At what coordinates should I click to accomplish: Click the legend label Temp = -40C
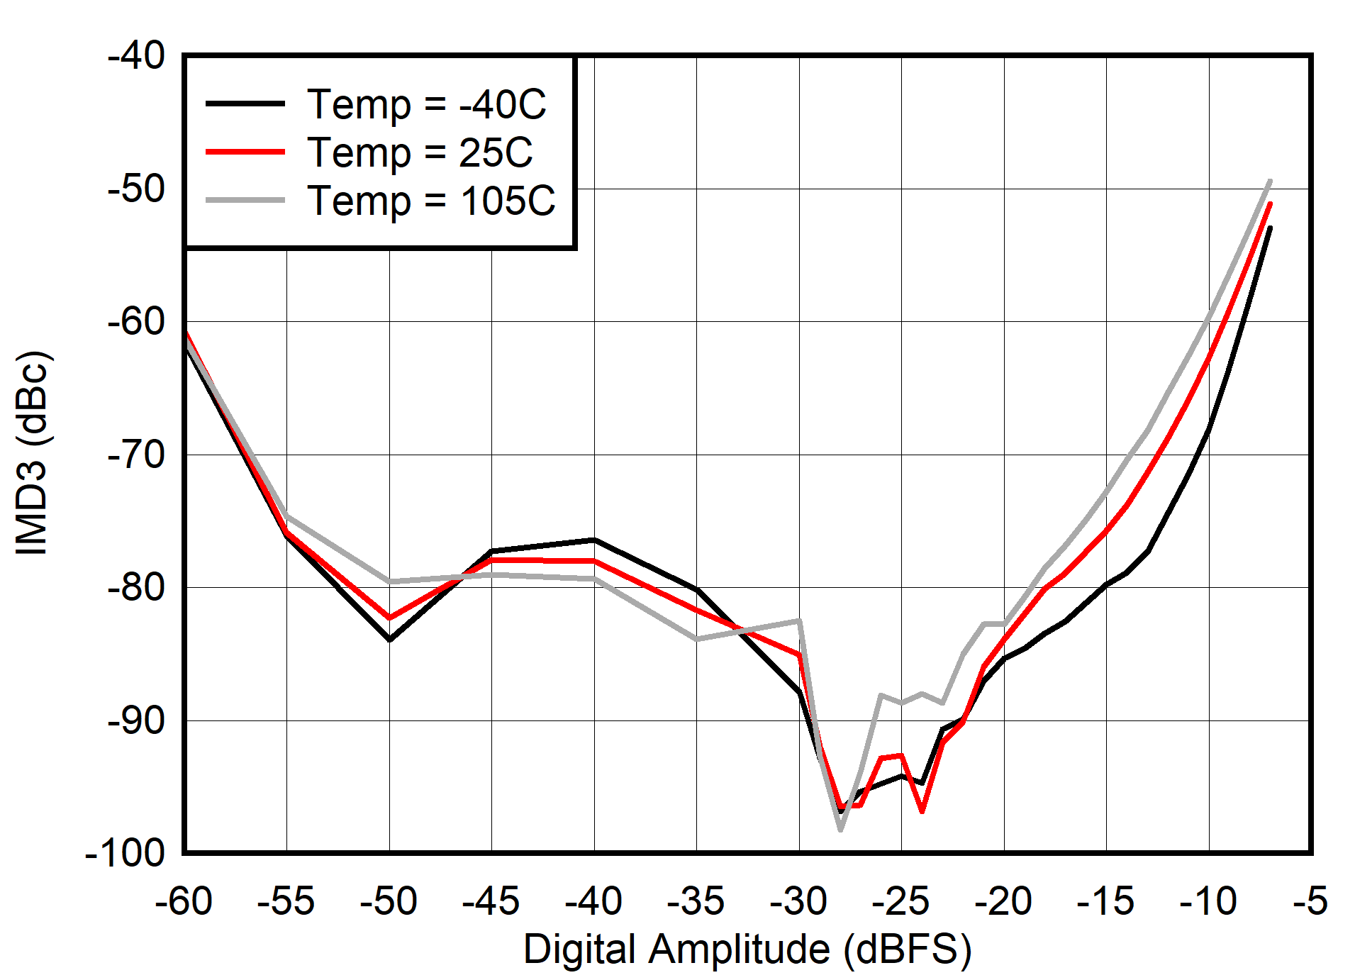426,104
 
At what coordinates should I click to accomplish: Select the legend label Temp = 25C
420,152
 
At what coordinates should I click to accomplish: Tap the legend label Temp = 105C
431,201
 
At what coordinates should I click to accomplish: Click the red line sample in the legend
245,152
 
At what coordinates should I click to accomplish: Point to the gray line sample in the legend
245,201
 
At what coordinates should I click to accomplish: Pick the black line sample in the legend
245,104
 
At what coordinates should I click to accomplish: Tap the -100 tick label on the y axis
125,852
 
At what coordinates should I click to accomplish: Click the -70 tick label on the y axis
135,454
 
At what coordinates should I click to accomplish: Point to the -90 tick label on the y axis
135,720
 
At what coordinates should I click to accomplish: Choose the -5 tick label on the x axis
1310,901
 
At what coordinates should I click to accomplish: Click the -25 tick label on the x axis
900,901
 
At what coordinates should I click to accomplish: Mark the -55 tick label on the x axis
286,901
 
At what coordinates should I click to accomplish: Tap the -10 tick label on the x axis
1208,901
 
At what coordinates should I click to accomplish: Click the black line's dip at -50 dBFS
389,640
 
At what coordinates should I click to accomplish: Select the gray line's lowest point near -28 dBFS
840,829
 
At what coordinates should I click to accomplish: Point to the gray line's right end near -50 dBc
1270,181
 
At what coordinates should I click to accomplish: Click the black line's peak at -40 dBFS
594,540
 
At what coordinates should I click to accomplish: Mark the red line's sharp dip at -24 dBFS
922,811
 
